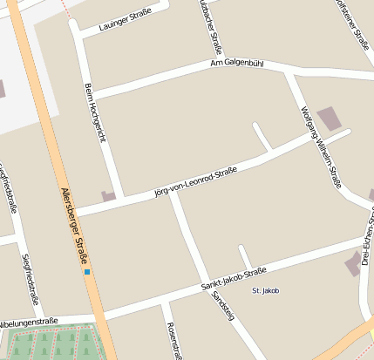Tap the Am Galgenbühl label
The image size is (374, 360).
tap(236, 64)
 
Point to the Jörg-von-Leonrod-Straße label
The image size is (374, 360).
tap(196, 178)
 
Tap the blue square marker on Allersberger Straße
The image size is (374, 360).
tap(87, 273)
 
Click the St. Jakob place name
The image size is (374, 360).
tap(264, 290)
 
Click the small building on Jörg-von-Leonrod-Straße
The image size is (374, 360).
tap(108, 196)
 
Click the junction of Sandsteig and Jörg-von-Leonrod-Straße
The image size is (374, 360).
tap(173, 193)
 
